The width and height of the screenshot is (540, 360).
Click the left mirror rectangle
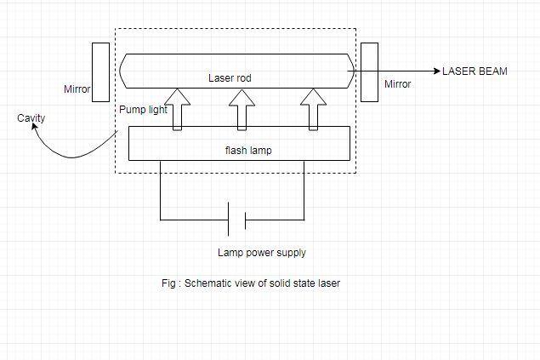point(100,71)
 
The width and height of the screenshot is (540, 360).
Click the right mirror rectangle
point(369,71)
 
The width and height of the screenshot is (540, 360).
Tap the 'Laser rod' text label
point(230,78)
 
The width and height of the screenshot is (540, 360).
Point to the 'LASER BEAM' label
point(475,71)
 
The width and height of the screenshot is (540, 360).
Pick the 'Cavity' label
point(31,118)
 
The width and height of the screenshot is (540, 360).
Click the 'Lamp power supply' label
point(262,253)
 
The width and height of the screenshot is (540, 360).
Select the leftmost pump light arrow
point(177,109)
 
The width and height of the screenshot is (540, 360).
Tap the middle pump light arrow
point(242,109)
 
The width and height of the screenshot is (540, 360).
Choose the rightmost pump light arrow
point(312,109)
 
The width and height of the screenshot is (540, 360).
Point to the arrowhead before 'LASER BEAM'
point(435,71)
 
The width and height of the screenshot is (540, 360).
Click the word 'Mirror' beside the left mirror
point(77,89)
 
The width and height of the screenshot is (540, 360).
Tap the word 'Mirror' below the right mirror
point(397,84)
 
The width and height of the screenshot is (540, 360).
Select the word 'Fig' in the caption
point(168,283)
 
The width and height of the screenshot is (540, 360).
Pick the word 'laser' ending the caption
point(328,283)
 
